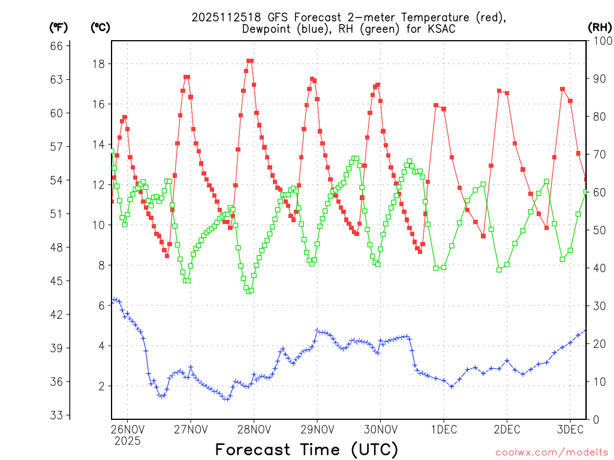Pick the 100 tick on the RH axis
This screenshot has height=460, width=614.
tap(599, 41)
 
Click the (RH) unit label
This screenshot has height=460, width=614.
tap(599, 27)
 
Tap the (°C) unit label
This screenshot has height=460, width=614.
tap(100, 27)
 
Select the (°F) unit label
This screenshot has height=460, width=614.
tap(59, 27)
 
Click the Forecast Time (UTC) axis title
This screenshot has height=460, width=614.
tap(306, 449)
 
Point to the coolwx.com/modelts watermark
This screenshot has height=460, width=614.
tap(550, 451)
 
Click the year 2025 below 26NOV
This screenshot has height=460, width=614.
tap(127, 441)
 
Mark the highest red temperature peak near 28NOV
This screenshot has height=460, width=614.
tap(250, 60)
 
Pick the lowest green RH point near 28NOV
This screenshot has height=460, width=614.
tap(250, 291)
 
